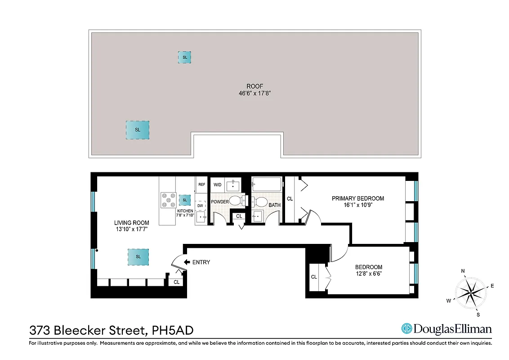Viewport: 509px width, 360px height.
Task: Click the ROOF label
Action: (x=254, y=86)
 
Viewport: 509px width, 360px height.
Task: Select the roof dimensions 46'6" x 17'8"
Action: (x=254, y=94)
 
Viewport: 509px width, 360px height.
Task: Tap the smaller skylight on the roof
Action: (x=184, y=57)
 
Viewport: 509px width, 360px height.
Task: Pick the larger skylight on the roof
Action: (x=138, y=130)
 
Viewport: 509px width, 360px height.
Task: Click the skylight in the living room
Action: (x=138, y=256)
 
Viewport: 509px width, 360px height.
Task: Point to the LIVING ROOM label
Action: (x=131, y=223)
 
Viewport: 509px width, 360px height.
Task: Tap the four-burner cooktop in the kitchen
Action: (x=168, y=200)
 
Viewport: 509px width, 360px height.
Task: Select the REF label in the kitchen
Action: (x=202, y=184)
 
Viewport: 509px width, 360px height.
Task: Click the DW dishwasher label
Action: (x=200, y=205)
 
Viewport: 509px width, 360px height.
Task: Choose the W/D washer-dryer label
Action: (x=217, y=184)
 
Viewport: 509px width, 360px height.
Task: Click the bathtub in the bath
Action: (x=267, y=184)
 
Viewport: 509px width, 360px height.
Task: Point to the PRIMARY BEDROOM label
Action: (x=358, y=198)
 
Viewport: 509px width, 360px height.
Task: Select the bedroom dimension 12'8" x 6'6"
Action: (x=368, y=273)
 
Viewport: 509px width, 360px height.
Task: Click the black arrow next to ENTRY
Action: (x=187, y=262)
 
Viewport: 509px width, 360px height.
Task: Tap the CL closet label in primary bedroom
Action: (x=290, y=198)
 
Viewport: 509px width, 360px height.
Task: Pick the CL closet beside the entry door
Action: (x=177, y=282)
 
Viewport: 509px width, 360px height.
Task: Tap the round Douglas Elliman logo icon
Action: (x=407, y=329)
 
